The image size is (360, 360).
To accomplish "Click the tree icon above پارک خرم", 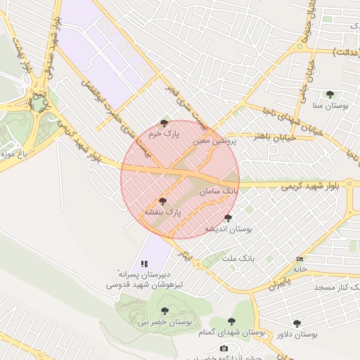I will click(x=165, y=123).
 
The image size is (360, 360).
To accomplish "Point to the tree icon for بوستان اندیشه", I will click(x=228, y=218).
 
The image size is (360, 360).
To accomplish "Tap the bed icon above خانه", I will click(x=301, y=259).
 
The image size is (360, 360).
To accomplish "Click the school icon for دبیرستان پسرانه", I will click(x=145, y=264).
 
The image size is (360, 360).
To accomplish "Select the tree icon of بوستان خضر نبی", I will click(x=165, y=311).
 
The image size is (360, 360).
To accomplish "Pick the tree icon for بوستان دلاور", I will click(x=297, y=323).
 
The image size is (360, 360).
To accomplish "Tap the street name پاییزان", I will click(x=278, y=283).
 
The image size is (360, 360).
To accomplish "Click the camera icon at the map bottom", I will click(x=224, y=349).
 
